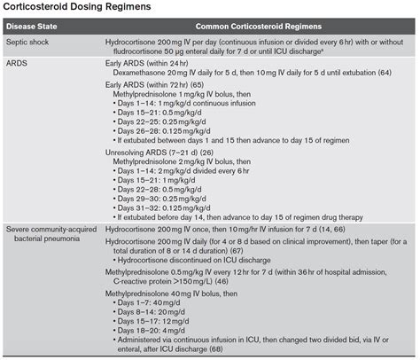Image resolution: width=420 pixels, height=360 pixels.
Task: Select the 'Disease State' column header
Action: (36, 27)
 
